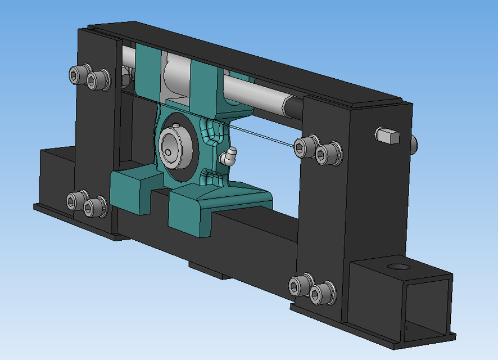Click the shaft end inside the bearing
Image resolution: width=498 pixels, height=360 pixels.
click(169, 151)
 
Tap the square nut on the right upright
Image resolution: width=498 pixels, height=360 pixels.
click(387, 134)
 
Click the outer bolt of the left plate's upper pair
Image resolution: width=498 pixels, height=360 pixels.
click(78, 74)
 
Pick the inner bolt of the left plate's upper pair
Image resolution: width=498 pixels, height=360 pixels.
click(98, 80)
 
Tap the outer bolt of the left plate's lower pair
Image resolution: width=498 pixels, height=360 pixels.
click(76, 200)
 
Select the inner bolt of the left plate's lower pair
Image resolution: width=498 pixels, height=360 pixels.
click(95, 207)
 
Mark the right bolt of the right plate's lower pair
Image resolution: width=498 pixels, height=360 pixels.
click(320, 293)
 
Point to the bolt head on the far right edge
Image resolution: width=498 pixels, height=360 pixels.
click(414, 143)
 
